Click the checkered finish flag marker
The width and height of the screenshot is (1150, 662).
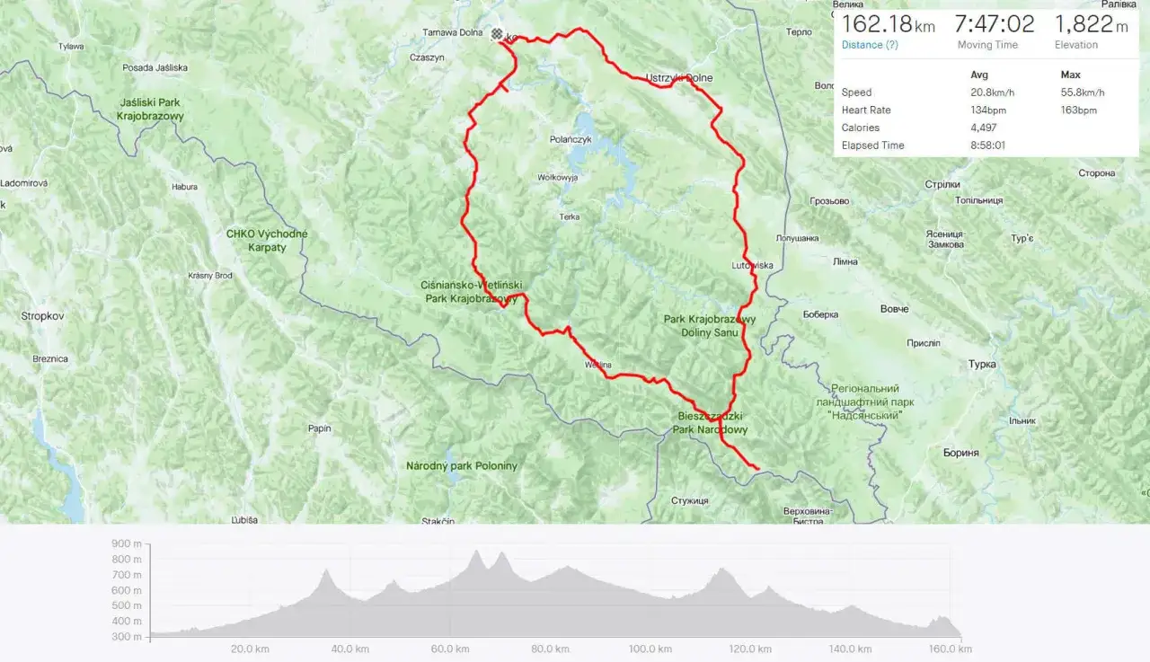497,34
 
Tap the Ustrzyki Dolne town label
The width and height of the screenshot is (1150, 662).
679,78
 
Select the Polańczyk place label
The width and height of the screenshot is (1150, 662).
571,139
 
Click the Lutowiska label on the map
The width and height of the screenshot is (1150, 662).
752,265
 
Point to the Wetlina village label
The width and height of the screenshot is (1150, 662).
597,365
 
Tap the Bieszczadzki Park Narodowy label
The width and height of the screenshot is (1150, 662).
710,423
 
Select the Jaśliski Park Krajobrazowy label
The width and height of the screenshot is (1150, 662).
151,109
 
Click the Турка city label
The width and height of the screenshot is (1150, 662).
983,365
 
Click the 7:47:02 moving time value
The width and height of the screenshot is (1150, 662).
994,24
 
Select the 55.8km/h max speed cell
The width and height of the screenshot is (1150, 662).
1083,93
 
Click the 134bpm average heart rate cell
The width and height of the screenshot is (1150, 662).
987,110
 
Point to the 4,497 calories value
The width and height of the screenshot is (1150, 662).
985,128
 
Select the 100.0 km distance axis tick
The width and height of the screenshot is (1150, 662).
650,649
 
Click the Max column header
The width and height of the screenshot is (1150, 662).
1070,75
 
